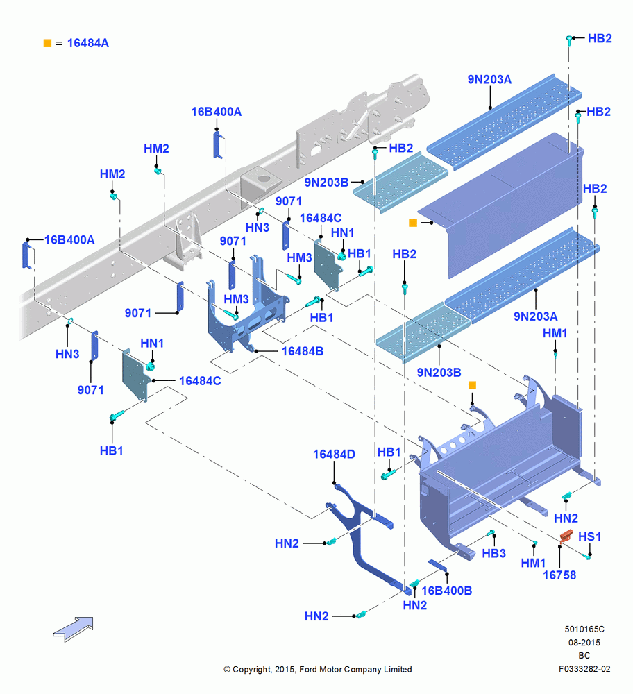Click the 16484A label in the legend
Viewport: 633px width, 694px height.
87,43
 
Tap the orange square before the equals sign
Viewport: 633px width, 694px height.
47,43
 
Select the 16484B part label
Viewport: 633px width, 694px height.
303,351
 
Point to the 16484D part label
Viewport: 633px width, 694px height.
334,454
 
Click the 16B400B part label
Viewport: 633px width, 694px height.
447,591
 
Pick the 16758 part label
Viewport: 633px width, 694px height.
559,575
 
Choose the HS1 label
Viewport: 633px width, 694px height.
589,536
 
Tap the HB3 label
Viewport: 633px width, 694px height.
493,553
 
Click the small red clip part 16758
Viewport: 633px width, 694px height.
566,536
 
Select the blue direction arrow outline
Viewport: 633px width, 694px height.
74,629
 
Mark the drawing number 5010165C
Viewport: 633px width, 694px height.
584,629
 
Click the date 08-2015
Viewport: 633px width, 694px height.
584,642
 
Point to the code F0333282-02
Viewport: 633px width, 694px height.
584,669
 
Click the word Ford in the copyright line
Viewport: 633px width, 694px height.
310,669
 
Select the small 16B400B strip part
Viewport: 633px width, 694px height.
437,565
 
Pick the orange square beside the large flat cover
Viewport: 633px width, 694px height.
413,223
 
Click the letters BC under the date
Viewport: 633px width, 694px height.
584,656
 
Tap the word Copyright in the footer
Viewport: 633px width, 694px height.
251,669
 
